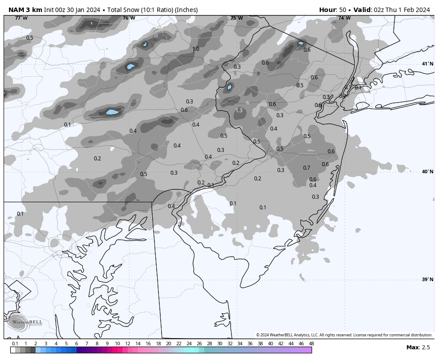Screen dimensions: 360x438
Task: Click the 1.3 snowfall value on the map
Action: [x=239, y=110]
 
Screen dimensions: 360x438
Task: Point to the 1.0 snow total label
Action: [x=196, y=49]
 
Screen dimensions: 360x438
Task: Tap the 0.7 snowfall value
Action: [x=306, y=168]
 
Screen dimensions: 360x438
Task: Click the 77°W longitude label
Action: [x=21, y=18]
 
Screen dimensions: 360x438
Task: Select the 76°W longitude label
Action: [x=129, y=18]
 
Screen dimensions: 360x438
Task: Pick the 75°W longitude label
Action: [x=236, y=18]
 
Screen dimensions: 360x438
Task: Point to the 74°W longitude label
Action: [x=344, y=18]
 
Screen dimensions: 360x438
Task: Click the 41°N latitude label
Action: [x=427, y=64]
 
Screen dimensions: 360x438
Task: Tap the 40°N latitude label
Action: [x=427, y=172]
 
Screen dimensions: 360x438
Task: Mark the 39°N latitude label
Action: [x=427, y=280]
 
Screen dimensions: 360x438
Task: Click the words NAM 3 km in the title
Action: [x=25, y=10]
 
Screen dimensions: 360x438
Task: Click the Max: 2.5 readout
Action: [x=418, y=348]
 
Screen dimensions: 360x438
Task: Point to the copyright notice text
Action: [x=344, y=335]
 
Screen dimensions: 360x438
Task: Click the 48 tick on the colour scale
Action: [x=311, y=344]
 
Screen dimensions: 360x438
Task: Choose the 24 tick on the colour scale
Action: [x=189, y=344]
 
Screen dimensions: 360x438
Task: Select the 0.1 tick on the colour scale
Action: [x=15, y=344]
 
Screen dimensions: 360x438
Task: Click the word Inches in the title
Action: [x=187, y=10]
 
